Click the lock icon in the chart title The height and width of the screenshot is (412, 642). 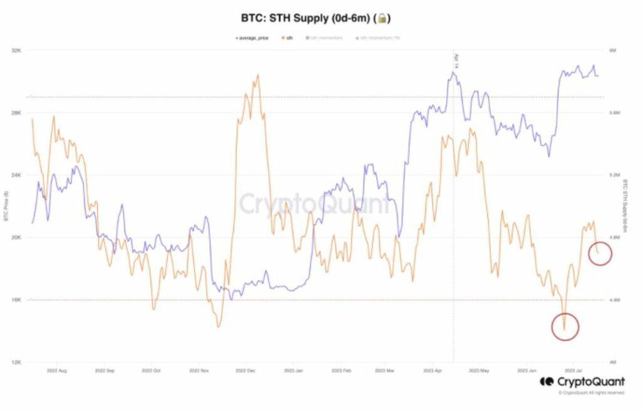click(x=382, y=19)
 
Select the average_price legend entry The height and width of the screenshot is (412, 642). click(x=253, y=38)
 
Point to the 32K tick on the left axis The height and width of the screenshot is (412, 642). click(x=17, y=50)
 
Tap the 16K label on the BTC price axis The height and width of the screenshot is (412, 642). click(x=17, y=300)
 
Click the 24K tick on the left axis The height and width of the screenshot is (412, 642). click(x=17, y=175)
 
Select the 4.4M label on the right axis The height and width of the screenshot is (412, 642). click(x=614, y=300)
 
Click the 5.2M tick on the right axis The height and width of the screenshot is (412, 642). click(x=614, y=175)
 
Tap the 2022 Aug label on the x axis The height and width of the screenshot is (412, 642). click(x=56, y=371)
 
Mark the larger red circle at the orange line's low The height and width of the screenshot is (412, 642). click(x=565, y=327)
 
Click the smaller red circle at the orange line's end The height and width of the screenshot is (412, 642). click(x=600, y=253)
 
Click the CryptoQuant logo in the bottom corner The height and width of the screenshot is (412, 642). click(x=582, y=381)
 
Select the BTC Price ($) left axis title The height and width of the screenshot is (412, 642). click(x=6, y=207)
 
